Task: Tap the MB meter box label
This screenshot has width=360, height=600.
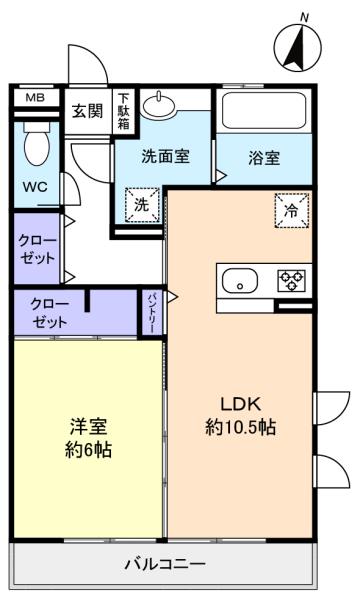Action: pos(35,98)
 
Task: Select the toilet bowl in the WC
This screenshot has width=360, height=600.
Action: pos(37,143)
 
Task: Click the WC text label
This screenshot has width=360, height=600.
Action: pos(35,187)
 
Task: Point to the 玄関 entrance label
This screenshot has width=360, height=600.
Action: pos(88,111)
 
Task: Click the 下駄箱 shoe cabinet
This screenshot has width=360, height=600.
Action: pos(123,111)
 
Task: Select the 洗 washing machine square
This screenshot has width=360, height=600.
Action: pos(142,205)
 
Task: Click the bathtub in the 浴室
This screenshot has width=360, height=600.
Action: pos(264,111)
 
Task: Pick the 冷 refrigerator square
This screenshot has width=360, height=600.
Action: pos(292,210)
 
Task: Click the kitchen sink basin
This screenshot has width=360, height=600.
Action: pos(240,281)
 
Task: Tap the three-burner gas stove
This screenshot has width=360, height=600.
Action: pos(292,280)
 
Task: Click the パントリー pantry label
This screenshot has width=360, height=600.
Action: pos(151,312)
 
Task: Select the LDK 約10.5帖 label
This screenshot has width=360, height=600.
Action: pos(241,416)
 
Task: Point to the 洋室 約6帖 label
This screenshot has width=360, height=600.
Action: pos(88,438)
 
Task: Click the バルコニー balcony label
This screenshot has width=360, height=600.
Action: pos(165,564)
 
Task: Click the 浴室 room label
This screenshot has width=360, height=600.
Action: pos(264,158)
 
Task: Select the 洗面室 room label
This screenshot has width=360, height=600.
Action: pos(165,156)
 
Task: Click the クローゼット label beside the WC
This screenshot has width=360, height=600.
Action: pos(37,249)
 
